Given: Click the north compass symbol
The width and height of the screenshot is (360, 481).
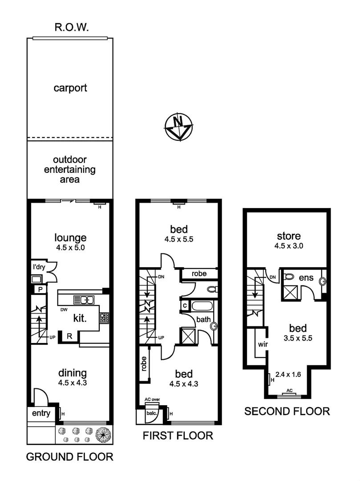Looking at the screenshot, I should pyautogui.click(x=178, y=126).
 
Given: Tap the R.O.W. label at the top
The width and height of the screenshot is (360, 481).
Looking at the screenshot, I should pyautogui.click(x=72, y=27).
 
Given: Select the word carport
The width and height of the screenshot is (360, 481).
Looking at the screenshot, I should pyautogui.click(x=70, y=88).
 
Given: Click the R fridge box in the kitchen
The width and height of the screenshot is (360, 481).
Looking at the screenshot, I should pyautogui.click(x=69, y=336).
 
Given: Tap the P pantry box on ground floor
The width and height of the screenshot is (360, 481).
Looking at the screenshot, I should pyautogui.click(x=40, y=290).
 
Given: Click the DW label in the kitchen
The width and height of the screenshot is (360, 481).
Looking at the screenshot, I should pyautogui.click(x=65, y=309).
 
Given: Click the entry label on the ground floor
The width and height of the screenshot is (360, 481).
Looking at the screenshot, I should pyautogui.click(x=41, y=414).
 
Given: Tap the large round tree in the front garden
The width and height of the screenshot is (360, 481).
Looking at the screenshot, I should pyautogui.click(x=104, y=433).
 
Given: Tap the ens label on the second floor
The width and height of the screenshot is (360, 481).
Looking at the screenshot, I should pyautogui.click(x=307, y=278).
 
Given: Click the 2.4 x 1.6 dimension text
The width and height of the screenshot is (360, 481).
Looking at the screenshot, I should pyautogui.click(x=288, y=375).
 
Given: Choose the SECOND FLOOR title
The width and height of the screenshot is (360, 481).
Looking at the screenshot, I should pyautogui.click(x=287, y=411).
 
